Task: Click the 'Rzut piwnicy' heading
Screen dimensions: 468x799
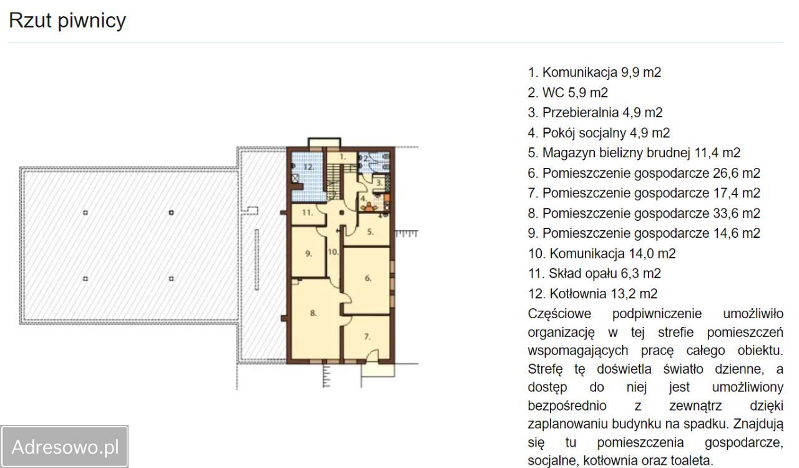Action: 67,21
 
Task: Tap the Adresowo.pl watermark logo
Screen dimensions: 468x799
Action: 65,447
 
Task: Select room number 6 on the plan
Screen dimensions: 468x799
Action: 368,278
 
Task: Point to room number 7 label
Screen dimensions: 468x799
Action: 368,336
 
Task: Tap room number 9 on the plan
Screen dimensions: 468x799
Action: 308,253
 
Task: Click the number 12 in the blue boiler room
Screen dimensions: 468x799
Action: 308,167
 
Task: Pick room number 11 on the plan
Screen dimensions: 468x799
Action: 306,213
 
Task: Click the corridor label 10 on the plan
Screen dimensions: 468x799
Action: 333,253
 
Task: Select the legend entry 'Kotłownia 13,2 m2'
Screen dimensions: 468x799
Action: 592,293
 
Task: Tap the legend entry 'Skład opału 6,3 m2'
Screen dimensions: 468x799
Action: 594,273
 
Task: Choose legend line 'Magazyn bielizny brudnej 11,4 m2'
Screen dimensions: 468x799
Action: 634,153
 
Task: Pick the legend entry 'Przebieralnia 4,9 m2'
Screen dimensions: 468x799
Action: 595,113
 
